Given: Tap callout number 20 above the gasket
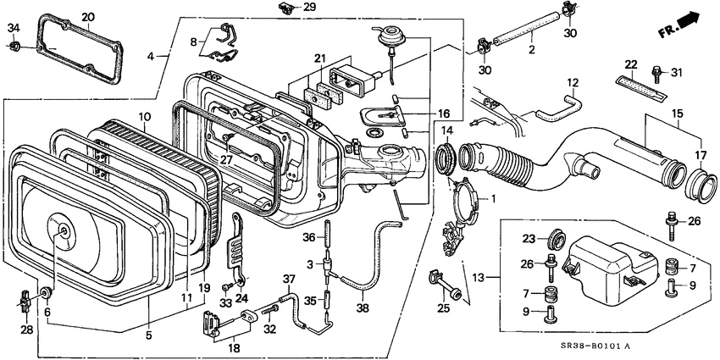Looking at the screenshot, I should coord(88,17).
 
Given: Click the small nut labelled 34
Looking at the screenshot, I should coord(14,47).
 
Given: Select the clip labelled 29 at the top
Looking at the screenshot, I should coord(285,8).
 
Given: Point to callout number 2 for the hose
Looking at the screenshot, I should coord(531,51).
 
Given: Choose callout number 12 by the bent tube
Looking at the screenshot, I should coord(572,83).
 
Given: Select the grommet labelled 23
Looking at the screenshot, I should coord(554,238).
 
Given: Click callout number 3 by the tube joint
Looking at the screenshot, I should coord(311,264).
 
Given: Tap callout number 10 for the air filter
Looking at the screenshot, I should coord(144,116).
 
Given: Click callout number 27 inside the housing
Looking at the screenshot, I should coord(225,158).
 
